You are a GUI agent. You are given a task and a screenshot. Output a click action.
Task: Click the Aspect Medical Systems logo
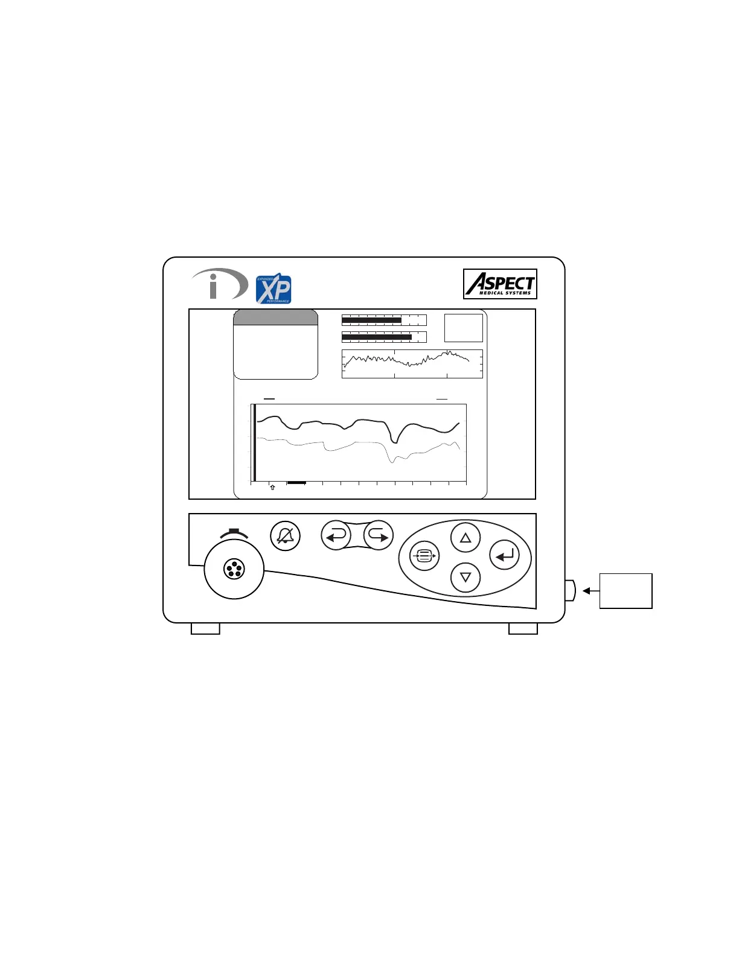click(x=501, y=284)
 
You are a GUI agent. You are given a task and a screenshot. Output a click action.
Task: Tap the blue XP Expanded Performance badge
click(x=274, y=289)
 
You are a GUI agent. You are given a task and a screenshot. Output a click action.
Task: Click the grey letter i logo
click(x=220, y=285)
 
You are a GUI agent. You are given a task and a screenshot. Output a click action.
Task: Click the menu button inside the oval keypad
click(x=424, y=556)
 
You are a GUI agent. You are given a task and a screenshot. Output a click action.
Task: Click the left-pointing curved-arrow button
click(x=336, y=535)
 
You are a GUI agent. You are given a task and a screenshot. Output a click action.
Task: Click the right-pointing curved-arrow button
click(x=379, y=535)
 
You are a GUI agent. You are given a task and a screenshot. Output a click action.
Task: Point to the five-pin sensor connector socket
click(x=234, y=569)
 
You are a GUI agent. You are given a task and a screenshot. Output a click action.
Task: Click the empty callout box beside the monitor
click(x=625, y=591)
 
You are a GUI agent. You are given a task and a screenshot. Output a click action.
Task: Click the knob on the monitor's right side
click(x=570, y=590)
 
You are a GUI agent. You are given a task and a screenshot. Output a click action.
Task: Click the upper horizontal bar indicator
click(x=384, y=320)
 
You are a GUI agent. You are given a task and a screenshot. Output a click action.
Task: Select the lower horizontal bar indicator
click(x=384, y=337)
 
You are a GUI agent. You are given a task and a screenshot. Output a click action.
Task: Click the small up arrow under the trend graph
click(x=272, y=487)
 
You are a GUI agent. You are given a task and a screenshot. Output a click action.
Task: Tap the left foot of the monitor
click(x=205, y=629)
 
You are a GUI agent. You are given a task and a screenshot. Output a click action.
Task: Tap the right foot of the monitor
click(x=523, y=629)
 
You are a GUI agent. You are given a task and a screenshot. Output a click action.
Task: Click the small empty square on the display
click(x=463, y=328)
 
